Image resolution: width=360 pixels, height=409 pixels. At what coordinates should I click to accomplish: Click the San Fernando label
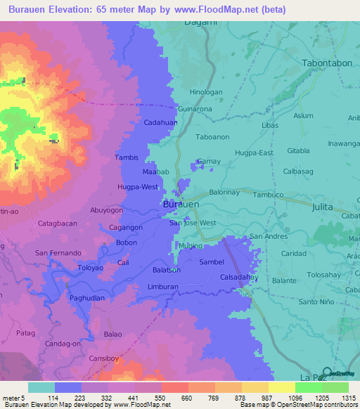(59, 252)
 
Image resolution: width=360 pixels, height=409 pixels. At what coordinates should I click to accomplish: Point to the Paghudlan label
(87, 298)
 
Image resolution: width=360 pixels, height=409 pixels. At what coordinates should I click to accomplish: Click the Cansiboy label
(103, 358)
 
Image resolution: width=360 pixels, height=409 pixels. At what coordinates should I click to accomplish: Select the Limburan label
(163, 287)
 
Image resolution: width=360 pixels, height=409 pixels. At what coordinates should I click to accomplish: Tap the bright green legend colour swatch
(308, 387)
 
